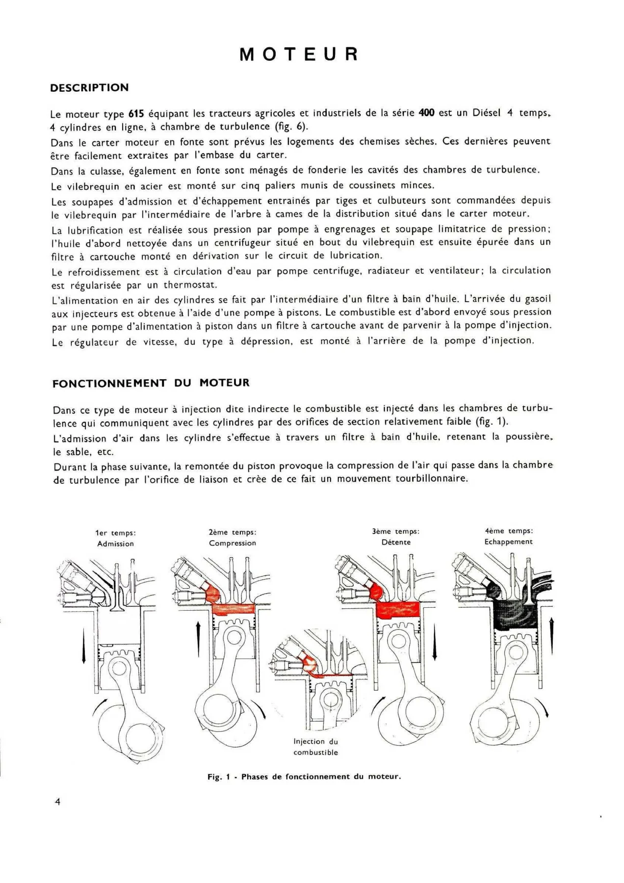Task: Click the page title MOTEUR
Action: point(299,54)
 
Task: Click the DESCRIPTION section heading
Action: point(90,88)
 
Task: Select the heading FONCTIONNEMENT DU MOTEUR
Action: point(151,383)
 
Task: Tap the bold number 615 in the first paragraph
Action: point(135,114)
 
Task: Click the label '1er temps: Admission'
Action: point(116,538)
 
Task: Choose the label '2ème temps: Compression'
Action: point(233,538)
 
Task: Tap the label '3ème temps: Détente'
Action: point(395,537)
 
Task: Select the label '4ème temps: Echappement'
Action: point(509,536)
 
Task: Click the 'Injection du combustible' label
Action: point(316,747)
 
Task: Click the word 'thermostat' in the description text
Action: point(190,285)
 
